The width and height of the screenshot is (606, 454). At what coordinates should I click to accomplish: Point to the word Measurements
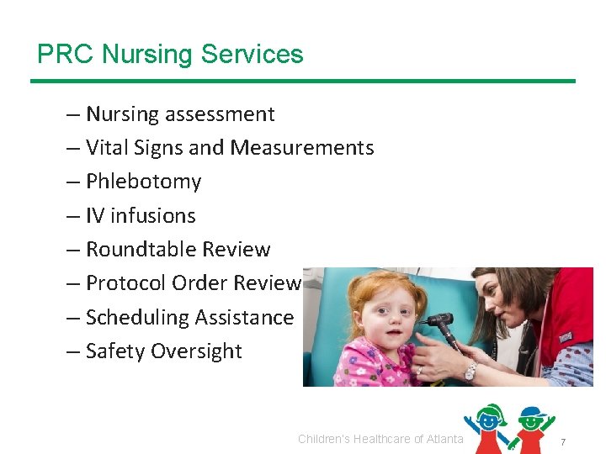(x=302, y=148)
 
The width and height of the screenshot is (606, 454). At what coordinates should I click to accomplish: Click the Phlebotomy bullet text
(x=144, y=182)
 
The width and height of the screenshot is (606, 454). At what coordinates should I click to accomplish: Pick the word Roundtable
(x=139, y=250)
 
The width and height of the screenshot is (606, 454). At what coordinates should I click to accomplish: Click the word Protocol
(x=126, y=283)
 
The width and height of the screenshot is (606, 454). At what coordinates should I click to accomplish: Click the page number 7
(x=563, y=442)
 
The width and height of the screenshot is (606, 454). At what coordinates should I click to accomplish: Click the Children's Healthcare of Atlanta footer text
(x=380, y=439)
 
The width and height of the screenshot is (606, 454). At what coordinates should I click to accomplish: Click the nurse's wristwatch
(x=470, y=371)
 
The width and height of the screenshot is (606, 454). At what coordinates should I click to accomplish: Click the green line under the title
(x=303, y=81)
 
